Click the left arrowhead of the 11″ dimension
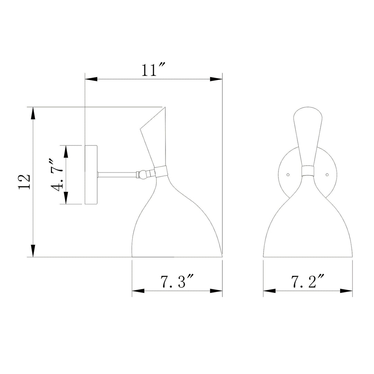(x=91, y=79)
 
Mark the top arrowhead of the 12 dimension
(x=33, y=114)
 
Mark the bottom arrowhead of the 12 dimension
(x=33, y=251)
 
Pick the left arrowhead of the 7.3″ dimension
(x=138, y=291)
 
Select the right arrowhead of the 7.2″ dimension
(x=346, y=291)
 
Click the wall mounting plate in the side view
(x=91, y=175)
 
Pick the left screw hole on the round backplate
(x=288, y=175)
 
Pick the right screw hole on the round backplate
(x=327, y=175)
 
